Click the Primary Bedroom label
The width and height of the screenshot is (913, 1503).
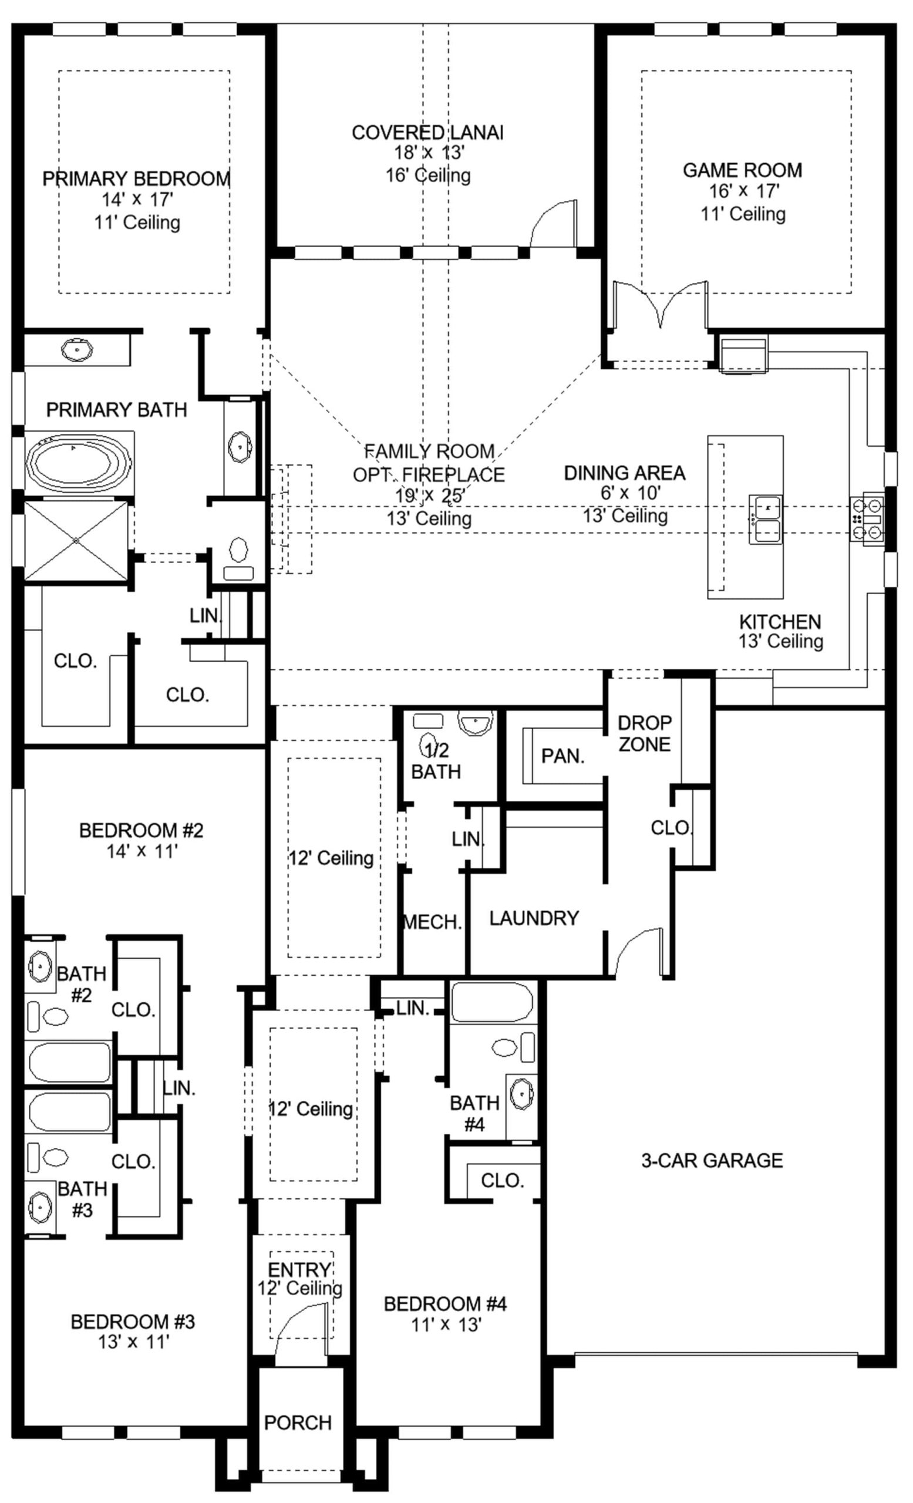[137, 178]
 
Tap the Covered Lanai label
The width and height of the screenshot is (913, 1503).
[427, 132]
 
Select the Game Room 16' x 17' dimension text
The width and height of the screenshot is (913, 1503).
[742, 191]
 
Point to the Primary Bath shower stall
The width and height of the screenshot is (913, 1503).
[76, 541]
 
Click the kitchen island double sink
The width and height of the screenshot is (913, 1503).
[766, 519]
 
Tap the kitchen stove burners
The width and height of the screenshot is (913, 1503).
[867, 518]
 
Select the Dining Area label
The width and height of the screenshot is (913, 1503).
[625, 473]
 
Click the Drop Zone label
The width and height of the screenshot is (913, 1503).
[645, 733]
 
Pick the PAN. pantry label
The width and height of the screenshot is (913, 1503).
[563, 756]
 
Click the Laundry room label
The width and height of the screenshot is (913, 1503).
[534, 918]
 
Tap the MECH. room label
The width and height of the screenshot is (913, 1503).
[432, 922]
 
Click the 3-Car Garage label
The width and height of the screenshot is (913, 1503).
[712, 1160]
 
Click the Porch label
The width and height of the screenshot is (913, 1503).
[298, 1423]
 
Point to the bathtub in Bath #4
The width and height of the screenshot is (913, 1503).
[491, 1002]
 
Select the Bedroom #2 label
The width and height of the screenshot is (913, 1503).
[141, 830]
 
